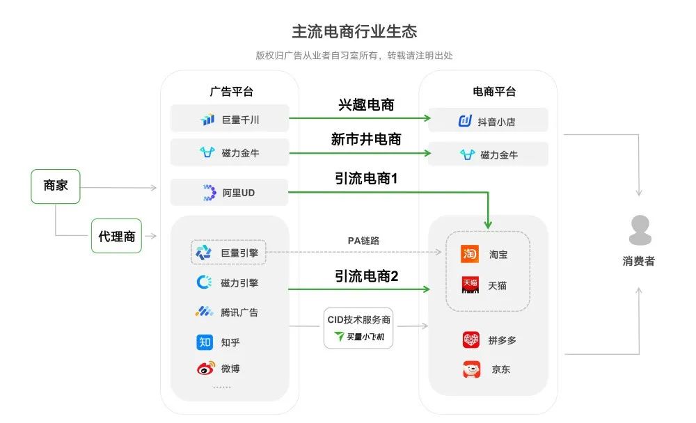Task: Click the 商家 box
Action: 56,186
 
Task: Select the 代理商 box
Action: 116,236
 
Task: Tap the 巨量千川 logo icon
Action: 207,119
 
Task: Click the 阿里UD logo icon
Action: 209,193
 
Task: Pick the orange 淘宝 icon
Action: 470,254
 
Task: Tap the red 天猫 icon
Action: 470,285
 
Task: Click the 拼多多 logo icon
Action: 471,340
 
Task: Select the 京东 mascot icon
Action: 471,369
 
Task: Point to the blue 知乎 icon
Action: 205,342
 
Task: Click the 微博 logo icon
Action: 205,368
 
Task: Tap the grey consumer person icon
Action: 640,230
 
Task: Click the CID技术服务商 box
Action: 358,328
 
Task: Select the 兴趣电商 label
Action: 366,105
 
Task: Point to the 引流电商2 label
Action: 366,276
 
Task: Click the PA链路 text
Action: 363,241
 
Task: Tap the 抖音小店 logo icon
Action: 465,121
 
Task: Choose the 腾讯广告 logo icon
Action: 204,312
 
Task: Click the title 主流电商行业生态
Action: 354,31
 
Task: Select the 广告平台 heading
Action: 231,91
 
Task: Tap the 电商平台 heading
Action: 494,91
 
